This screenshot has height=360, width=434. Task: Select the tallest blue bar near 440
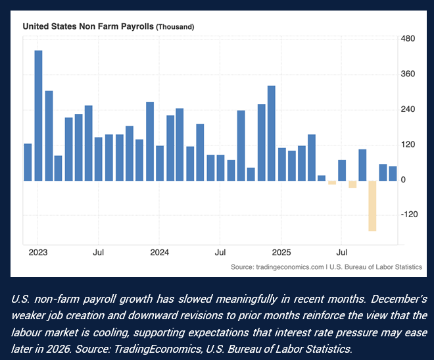38,115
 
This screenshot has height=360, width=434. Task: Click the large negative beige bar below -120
372,205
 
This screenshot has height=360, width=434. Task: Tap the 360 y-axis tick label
408,74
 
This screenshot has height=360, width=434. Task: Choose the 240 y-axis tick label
408,109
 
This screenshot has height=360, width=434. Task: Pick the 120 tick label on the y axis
408,145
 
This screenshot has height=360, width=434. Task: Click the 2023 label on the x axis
38,252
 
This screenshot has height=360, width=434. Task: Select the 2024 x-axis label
160,252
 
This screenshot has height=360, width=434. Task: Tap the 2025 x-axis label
281,252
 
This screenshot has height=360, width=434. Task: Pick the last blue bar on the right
393,173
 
